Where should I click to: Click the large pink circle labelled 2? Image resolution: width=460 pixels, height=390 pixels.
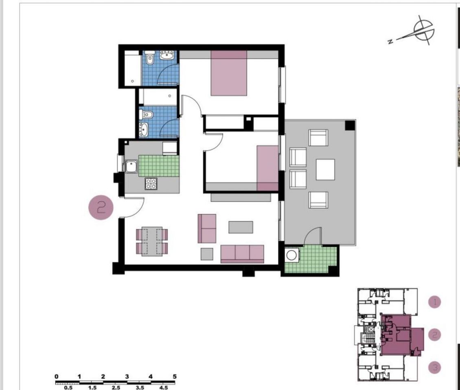101,208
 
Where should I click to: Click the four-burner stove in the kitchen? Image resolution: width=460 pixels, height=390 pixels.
151,184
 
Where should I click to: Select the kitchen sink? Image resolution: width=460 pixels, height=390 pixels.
131,167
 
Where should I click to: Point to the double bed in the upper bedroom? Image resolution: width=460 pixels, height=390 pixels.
228,73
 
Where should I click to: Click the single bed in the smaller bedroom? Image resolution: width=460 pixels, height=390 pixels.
267,168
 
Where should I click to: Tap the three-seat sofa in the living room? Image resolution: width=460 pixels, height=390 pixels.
242,254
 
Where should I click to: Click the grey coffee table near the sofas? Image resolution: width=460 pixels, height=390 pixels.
241,227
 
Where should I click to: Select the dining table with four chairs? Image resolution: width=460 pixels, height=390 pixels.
152,242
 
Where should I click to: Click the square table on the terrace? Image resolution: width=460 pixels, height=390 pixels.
325,169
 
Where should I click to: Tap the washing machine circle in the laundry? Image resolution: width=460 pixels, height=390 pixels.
292,255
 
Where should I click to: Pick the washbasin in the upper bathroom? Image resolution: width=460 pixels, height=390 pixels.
166,55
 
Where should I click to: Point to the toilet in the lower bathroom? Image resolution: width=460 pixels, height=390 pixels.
146,115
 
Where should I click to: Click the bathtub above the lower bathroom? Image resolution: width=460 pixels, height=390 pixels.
158,97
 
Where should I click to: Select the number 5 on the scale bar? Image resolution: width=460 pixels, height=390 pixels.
175,377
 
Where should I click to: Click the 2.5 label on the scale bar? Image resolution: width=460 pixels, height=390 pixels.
116,388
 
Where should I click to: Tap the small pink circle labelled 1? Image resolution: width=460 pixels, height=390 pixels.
434,302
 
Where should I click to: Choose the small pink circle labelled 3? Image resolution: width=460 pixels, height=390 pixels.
434,368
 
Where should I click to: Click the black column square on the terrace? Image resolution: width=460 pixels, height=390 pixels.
350,125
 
